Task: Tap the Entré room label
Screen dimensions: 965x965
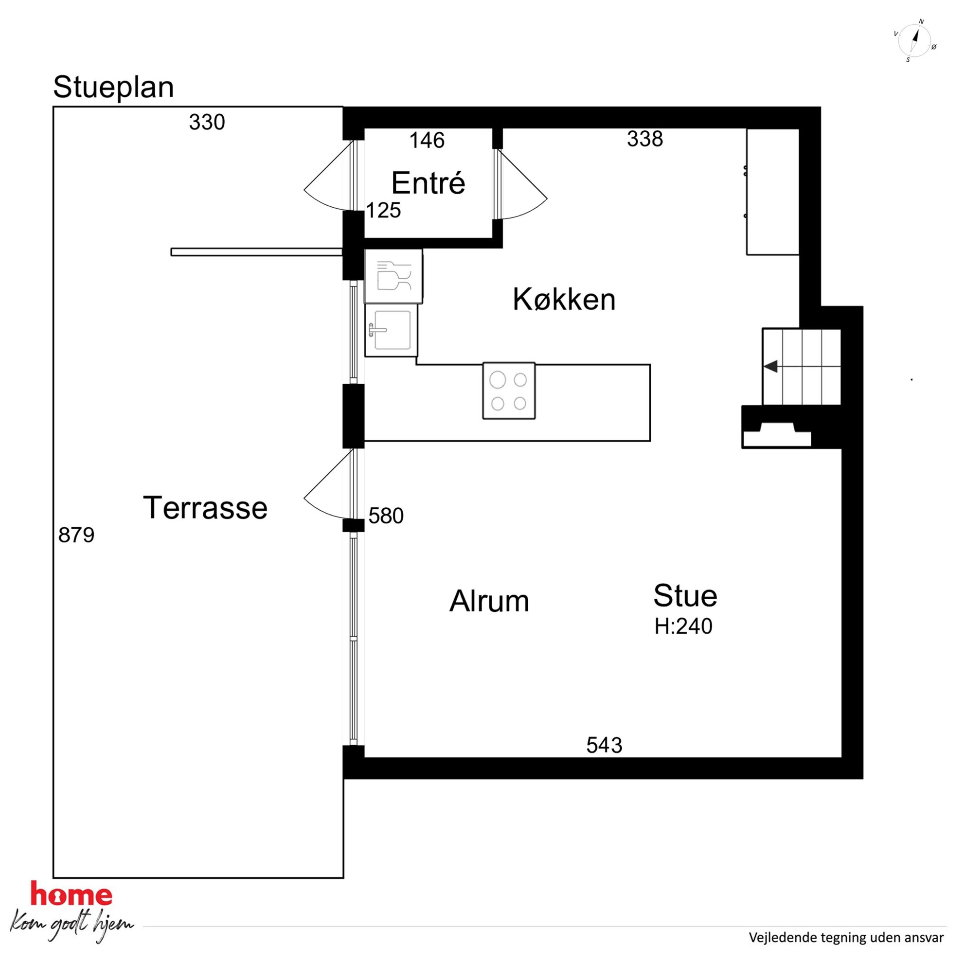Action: coord(428,183)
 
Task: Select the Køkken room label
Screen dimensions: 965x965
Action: coord(564,299)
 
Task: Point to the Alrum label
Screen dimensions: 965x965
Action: coord(489,600)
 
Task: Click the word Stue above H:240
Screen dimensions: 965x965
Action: coord(685,595)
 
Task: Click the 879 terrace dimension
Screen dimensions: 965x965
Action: coord(76,535)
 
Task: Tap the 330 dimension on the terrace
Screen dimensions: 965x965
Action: coord(207,122)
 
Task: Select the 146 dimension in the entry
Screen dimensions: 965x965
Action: coord(427,141)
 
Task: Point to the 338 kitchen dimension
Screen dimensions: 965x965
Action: coord(645,139)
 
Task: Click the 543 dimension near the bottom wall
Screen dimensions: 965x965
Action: coord(605,745)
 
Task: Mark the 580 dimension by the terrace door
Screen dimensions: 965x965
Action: coord(386,516)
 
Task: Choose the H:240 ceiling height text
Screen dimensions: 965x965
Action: coord(683,626)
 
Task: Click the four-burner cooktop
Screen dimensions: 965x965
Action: coord(509,391)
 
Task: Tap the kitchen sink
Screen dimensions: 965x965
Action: coord(392,330)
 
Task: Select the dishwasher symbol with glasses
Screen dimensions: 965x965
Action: coord(393,276)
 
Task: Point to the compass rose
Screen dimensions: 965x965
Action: coord(914,41)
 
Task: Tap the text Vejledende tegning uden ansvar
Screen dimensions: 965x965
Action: coord(846,938)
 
